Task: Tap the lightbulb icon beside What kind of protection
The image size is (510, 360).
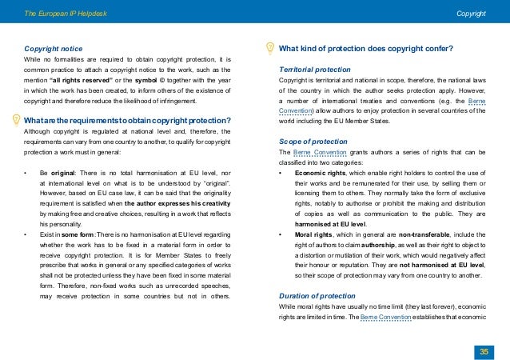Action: [x=269, y=47]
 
